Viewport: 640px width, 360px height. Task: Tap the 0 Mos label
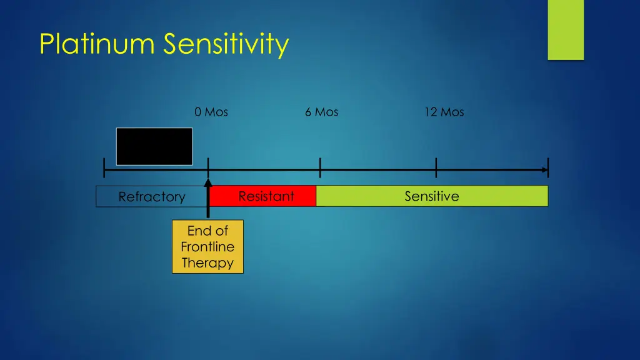[211, 112]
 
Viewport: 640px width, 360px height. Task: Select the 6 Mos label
[321, 112]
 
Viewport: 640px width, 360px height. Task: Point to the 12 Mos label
[444, 112]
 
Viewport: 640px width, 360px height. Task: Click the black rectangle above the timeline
[154, 146]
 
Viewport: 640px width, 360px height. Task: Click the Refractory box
[151, 197]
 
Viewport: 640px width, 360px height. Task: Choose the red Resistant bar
[262, 196]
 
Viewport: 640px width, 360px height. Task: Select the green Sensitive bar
[432, 196]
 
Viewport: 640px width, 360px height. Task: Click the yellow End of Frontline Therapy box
[207, 246]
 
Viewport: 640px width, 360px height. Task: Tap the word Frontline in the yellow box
[207, 247]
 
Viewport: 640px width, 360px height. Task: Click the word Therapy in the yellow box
[207, 262]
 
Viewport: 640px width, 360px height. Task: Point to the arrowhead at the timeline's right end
[544, 169]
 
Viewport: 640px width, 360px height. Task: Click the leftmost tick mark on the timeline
[104, 168]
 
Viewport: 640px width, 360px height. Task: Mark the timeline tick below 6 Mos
[320, 168]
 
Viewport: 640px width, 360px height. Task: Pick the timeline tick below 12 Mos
[436, 168]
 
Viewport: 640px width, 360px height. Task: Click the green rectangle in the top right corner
[566, 29]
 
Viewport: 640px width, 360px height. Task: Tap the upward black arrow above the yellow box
[208, 199]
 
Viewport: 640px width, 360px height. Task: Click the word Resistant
[266, 196]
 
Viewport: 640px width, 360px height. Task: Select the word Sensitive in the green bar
[432, 196]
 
